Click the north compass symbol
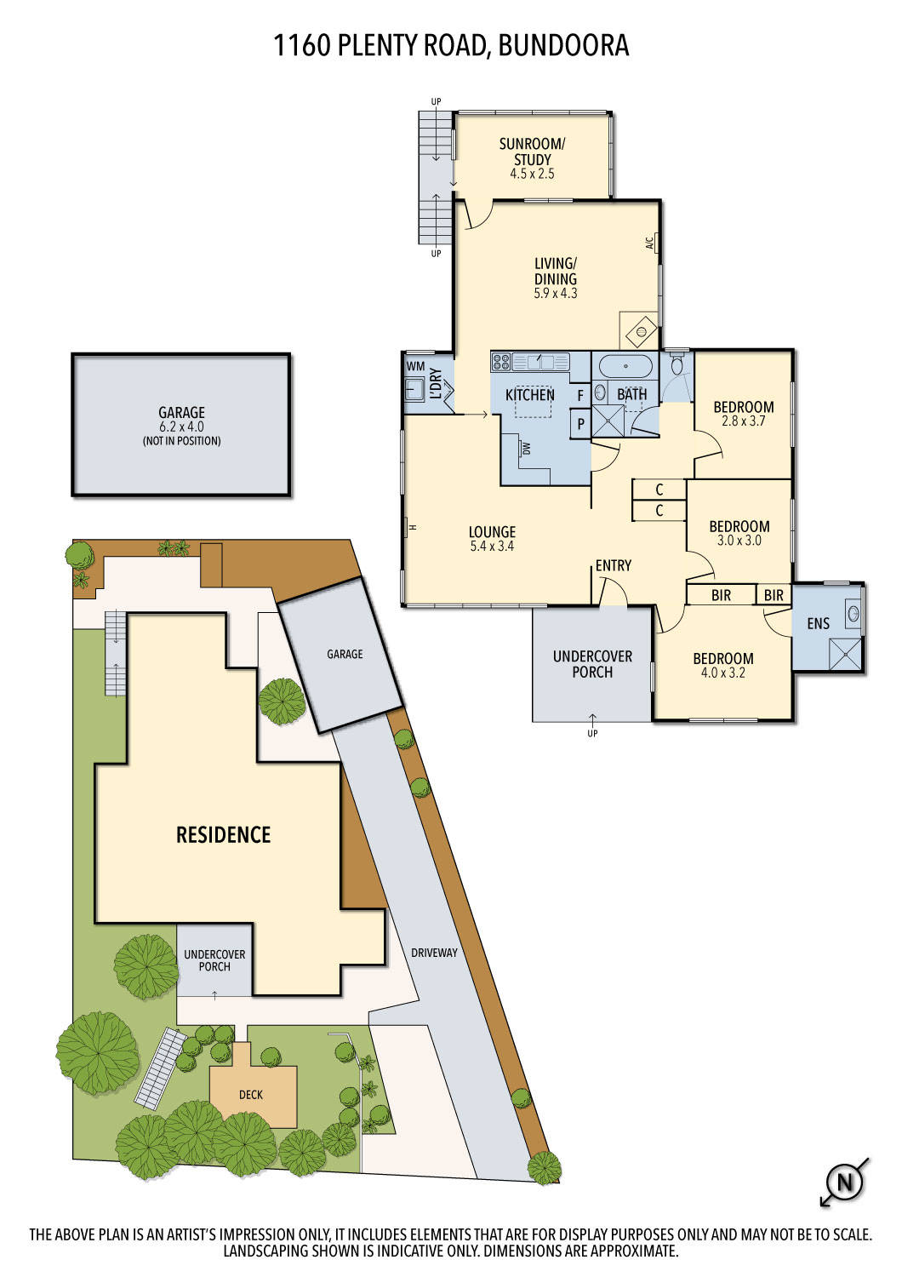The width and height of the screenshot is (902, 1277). click(x=845, y=1182)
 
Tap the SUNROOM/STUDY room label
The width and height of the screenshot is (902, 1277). click(x=532, y=152)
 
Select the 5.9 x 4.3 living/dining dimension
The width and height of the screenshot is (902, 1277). click(x=555, y=294)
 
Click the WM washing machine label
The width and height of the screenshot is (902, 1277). click(x=415, y=366)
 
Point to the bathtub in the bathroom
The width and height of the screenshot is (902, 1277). click(x=625, y=367)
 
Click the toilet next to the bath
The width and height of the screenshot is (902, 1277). click(x=677, y=366)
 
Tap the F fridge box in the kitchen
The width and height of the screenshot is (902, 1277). click(x=580, y=396)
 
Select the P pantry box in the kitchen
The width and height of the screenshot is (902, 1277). click(x=580, y=424)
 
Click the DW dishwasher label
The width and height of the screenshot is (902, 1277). click(x=526, y=448)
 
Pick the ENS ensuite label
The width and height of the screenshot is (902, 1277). click(x=818, y=624)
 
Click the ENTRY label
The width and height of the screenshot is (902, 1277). click(x=613, y=565)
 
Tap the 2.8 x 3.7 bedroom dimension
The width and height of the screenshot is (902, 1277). click(x=744, y=421)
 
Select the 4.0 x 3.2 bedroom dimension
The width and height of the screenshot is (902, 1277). click(x=722, y=673)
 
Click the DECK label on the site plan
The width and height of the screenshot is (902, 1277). click(x=251, y=1095)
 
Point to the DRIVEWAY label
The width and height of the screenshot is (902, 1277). click(x=434, y=953)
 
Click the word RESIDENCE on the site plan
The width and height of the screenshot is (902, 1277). click(x=223, y=835)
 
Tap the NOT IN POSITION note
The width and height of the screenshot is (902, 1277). click(x=181, y=441)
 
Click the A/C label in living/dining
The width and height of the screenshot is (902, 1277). click(x=649, y=243)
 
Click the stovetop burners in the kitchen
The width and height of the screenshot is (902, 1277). click(x=500, y=362)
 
